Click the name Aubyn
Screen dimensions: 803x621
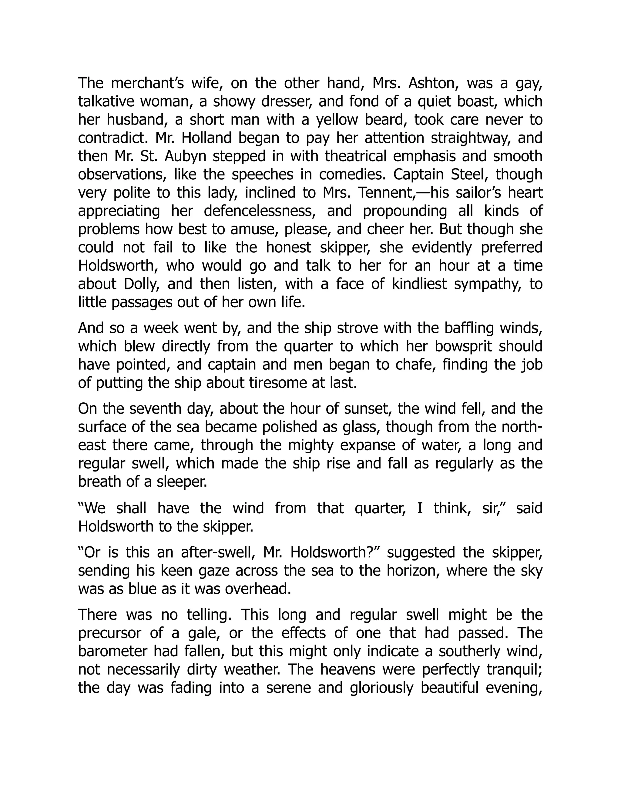coord(185,157)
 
